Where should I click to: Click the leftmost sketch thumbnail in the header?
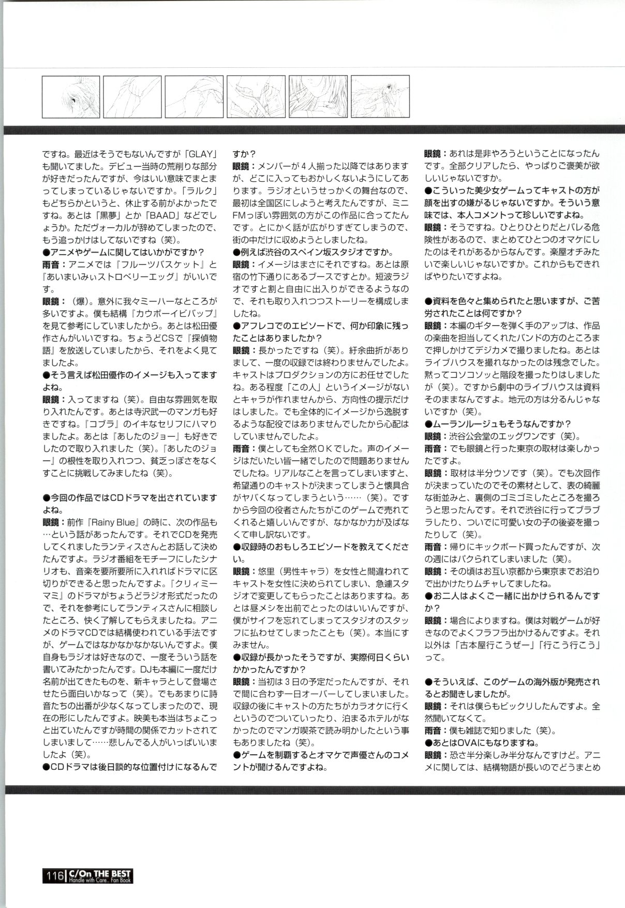71,97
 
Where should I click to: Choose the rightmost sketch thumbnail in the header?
380,97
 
